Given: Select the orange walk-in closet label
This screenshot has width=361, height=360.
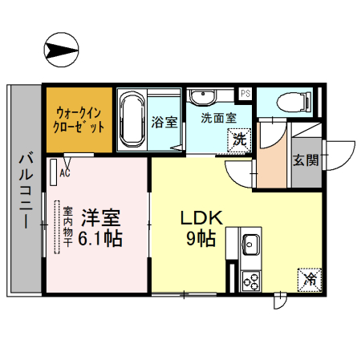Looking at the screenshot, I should [79, 121].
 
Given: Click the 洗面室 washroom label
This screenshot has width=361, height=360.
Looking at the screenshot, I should [218, 118].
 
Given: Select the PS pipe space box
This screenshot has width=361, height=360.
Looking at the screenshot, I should [245, 93].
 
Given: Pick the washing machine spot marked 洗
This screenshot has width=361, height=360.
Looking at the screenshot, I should [240, 139].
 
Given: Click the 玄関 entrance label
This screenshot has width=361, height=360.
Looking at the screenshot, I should [305, 160].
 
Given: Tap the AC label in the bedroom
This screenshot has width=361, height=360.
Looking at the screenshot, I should [65, 172].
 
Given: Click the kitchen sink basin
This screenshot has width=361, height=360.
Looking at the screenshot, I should [249, 241].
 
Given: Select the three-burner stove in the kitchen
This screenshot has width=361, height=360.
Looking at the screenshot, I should [249, 281].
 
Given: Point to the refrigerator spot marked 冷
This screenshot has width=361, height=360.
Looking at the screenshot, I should [310, 279].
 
